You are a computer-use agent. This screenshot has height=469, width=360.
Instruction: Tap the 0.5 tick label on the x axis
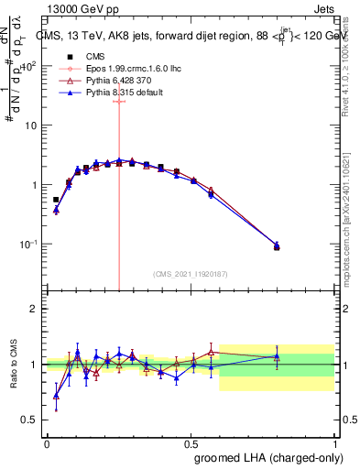191,442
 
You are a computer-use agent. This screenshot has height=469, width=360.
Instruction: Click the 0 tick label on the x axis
47,442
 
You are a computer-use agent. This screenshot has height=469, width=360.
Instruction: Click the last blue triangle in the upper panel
277,245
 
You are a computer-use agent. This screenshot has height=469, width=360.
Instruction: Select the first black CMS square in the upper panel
56,200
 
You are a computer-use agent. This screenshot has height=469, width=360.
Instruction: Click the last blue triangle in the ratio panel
277,356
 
